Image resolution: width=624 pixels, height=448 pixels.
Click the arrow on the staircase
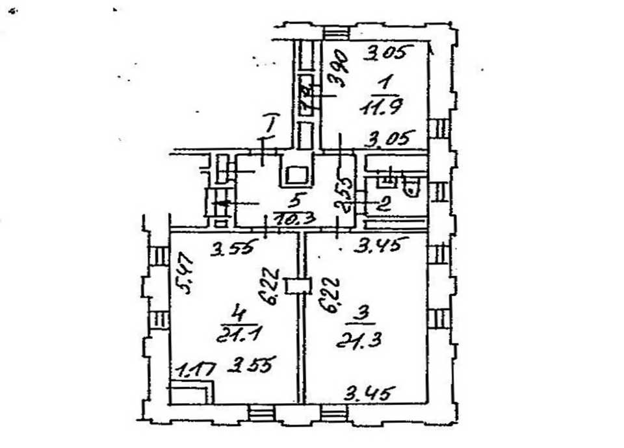(x=221, y=203)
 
